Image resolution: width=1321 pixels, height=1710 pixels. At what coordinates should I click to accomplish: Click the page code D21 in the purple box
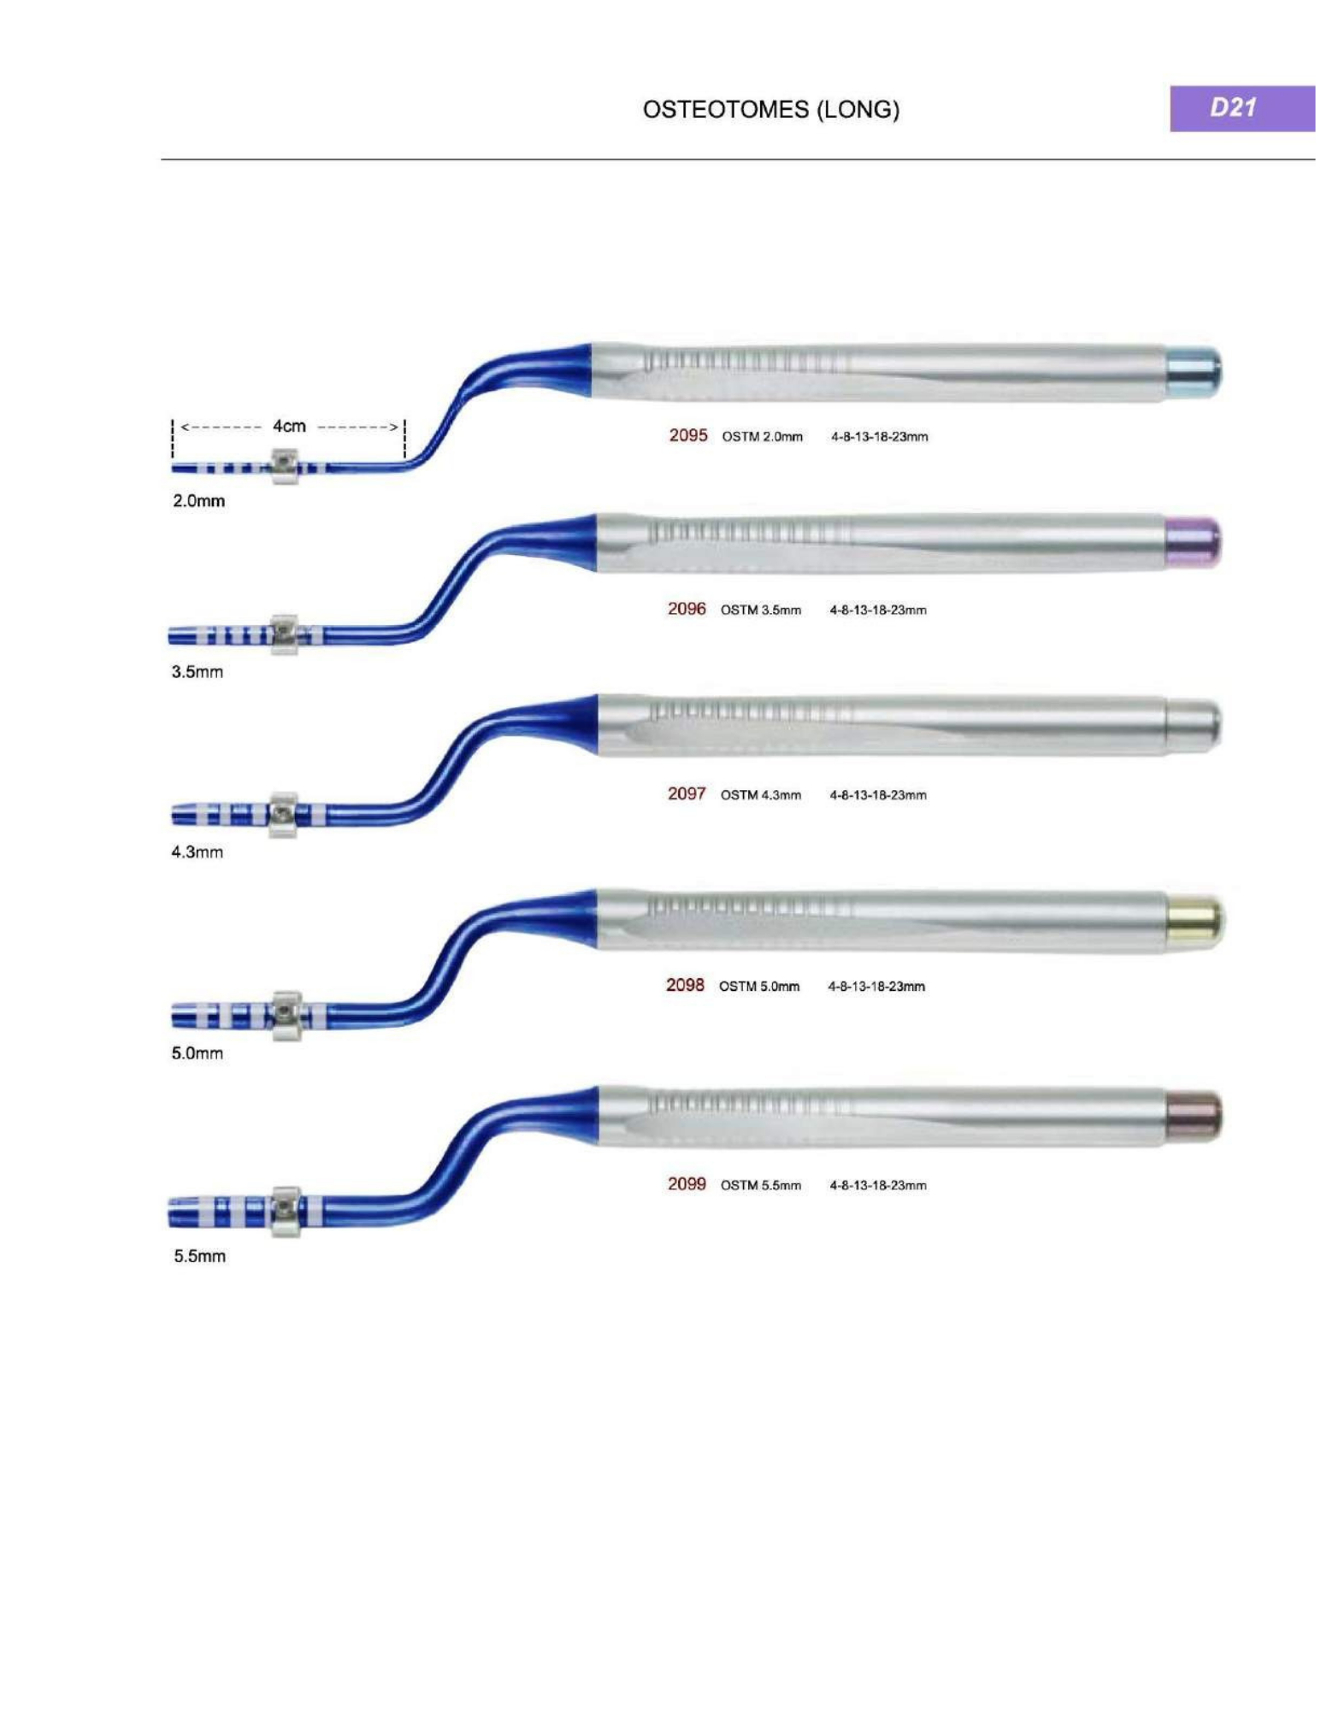[1232, 107]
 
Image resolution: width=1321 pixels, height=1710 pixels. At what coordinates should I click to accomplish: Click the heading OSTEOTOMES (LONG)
[770, 109]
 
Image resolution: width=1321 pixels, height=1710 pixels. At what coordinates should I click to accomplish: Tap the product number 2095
[687, 435]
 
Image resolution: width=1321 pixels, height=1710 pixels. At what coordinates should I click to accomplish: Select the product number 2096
[687, 609]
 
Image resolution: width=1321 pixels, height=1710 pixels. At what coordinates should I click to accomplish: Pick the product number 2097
[687, 793]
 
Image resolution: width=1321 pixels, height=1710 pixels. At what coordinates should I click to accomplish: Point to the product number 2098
[685, 985]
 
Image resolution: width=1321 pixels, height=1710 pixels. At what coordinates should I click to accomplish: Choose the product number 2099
[687, 1184]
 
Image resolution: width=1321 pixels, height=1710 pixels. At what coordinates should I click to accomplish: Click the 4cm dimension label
[289, 426]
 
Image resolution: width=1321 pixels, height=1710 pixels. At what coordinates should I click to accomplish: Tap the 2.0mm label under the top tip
[198, 501]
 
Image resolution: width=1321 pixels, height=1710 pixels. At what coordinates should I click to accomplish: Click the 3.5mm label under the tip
[197, 672]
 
